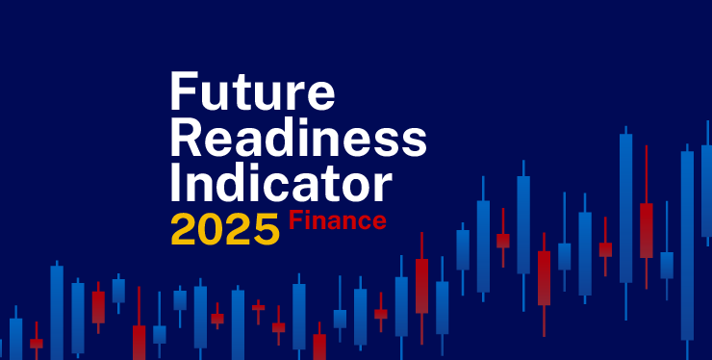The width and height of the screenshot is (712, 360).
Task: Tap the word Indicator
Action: coord(280,183)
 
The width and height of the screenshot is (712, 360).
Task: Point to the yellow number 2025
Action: coord(225,228)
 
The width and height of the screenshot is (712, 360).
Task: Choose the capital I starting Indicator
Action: coord(175,183)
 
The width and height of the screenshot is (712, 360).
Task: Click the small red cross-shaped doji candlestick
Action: coord(258,308)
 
